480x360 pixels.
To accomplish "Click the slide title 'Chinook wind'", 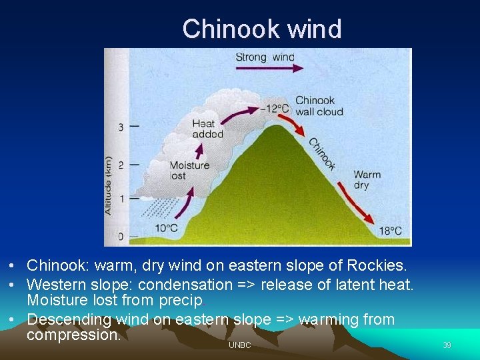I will [261, 29].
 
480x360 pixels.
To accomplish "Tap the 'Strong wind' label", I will [265, 57].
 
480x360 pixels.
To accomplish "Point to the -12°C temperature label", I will [274, 108].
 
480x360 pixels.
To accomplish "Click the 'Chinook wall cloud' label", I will [319, 106].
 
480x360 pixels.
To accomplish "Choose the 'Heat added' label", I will [207, 129].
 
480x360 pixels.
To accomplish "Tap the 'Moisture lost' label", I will [189, 171].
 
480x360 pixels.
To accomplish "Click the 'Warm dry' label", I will [367, 180].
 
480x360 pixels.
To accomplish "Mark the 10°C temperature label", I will [167, 228].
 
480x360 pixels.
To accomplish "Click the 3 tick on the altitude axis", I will [121, 127].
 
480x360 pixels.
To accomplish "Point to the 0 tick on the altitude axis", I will [121, 236].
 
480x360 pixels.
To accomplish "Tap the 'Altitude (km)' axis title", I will [109, 185].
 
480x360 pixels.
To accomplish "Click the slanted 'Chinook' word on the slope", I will [322, 154].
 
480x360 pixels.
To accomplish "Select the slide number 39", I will [447, 345].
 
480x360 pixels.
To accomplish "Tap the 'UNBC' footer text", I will [239, 345].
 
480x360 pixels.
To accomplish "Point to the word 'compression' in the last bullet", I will [73, 335].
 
